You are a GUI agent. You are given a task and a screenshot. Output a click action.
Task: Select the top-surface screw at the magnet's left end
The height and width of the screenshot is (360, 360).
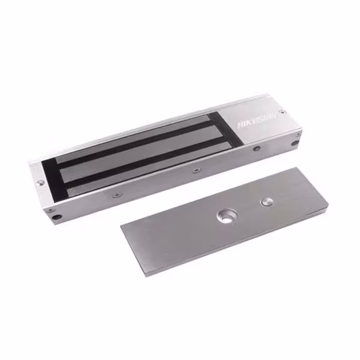[x=41, y=182]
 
